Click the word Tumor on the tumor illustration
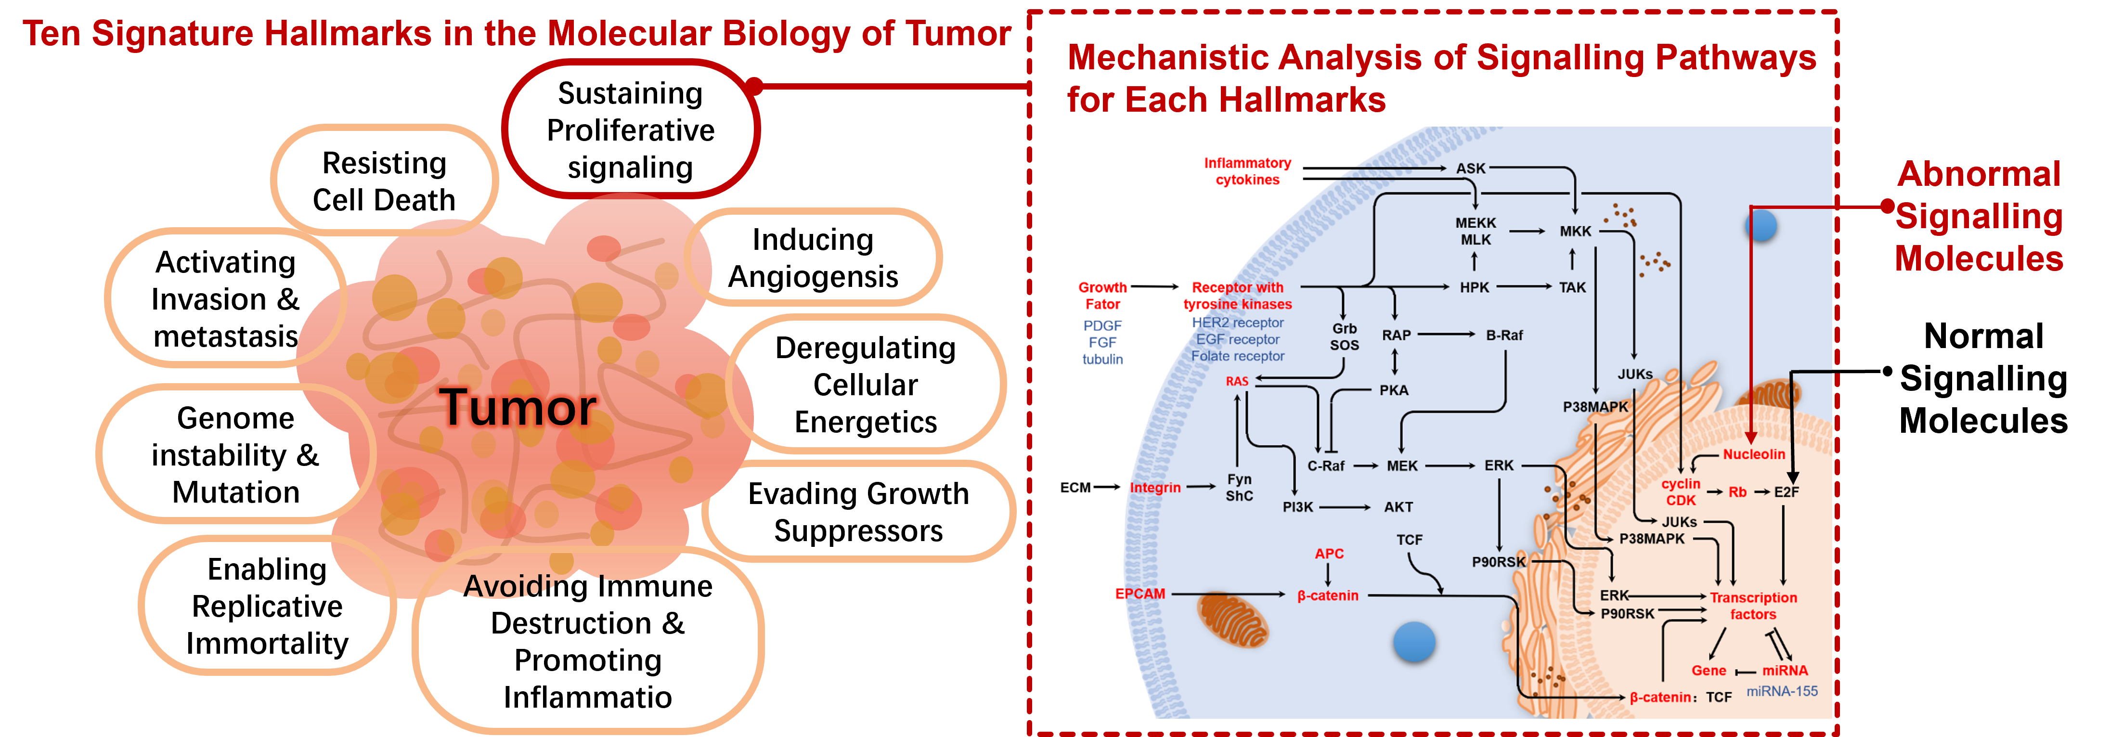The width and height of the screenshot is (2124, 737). tap(518, 407)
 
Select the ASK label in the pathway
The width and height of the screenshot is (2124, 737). tap(1470, 168)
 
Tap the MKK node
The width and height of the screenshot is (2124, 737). tap(1575, 231)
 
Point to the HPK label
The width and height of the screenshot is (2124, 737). tap(1474, 287)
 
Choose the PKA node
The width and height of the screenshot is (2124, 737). tap(1394, 390)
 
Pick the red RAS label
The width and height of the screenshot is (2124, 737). tap(1237, 381)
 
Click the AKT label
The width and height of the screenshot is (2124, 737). tap(1399, 507)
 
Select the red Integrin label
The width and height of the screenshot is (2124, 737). tap(1155, 487)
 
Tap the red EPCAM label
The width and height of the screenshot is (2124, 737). tap(1140, 594)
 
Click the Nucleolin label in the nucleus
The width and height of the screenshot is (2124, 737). tap(1754, 454)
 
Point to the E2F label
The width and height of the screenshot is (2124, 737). tap(1787, 492)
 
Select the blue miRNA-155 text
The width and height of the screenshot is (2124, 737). tap(1782, 691)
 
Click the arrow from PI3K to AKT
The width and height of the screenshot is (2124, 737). tap(1345, 507)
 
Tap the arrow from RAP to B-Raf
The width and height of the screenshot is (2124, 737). tap(1446, 335)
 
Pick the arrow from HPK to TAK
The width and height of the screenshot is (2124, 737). tap(1524, 287)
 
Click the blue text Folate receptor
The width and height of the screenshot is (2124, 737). tap(1238, 356)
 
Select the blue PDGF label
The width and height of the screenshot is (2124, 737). tap(1102, 325)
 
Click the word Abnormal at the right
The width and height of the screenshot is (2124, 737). tap(1979, 174)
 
